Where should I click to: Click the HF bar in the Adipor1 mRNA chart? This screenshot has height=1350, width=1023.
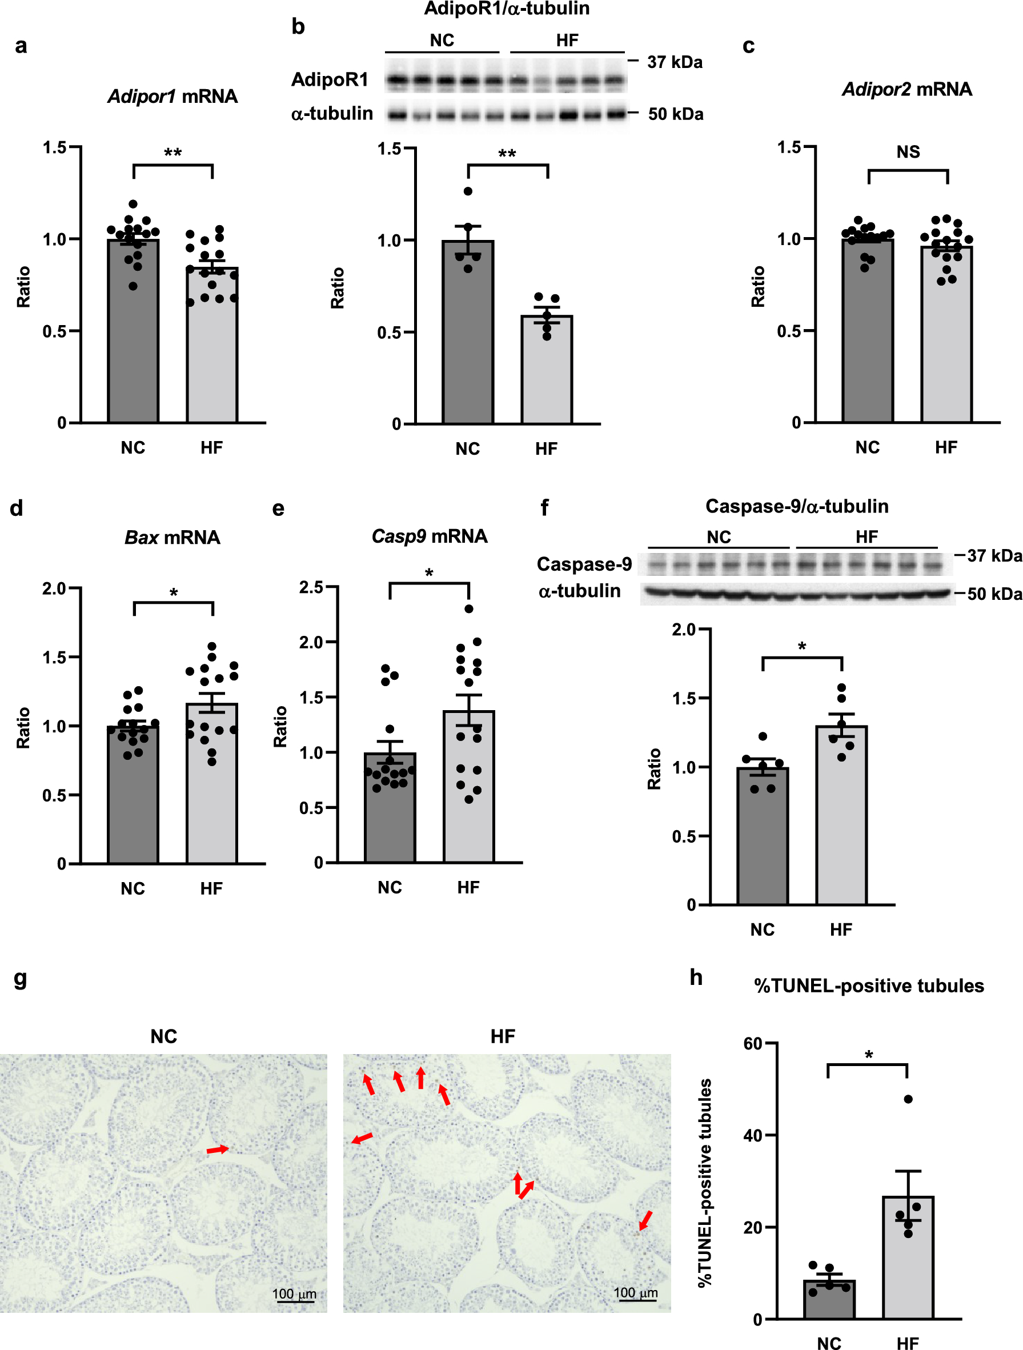(212, 354)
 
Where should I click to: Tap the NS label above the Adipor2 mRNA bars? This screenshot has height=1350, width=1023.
(908, 152)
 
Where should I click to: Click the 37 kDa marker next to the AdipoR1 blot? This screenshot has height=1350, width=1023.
(674, 62)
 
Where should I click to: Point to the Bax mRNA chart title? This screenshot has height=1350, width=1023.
(172, 537)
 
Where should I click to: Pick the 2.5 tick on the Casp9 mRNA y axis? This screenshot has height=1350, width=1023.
(311, 587)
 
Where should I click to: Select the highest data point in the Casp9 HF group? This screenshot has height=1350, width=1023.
(468, 608)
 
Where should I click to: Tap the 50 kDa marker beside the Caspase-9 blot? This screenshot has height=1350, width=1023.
(994, 594)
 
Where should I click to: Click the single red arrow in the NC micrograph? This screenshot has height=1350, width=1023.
(217, 1150)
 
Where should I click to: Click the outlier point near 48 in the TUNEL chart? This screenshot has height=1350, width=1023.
(908, 1099)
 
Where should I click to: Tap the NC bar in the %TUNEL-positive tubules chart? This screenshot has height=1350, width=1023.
(828, 1300)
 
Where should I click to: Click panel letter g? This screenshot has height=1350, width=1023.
(20, 978)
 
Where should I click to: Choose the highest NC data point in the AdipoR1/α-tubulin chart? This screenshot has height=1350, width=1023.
(468, 191)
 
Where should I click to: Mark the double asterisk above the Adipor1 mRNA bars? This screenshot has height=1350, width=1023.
(172, 153)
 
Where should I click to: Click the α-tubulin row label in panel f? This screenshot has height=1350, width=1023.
(579, 591)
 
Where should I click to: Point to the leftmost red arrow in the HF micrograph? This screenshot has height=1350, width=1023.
(362, 1138)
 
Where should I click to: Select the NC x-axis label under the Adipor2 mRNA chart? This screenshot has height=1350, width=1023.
(867, 447)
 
